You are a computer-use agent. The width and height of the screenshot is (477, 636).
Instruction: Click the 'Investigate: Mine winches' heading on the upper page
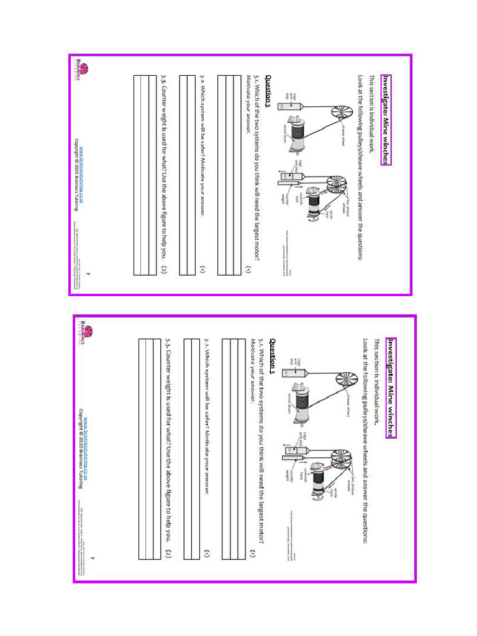(387, 120)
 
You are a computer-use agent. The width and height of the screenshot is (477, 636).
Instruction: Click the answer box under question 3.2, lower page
(191, 448)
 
